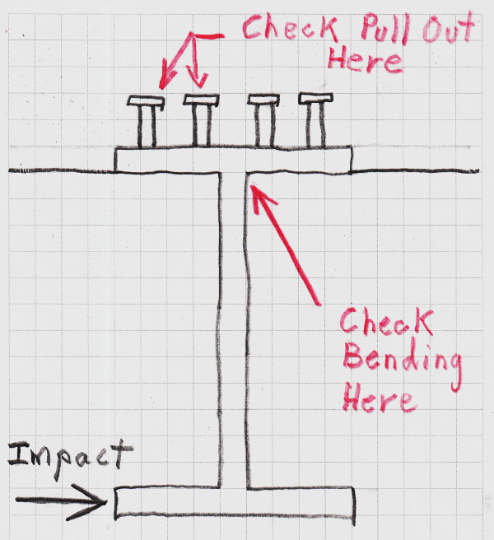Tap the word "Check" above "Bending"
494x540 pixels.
click(384, 321)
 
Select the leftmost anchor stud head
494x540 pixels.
click(147, 101)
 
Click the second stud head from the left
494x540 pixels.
click(200, 101)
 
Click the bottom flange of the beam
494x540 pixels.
click(235, 504)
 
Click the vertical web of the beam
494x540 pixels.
click(234, 329)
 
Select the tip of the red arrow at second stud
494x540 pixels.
click(198, 85)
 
